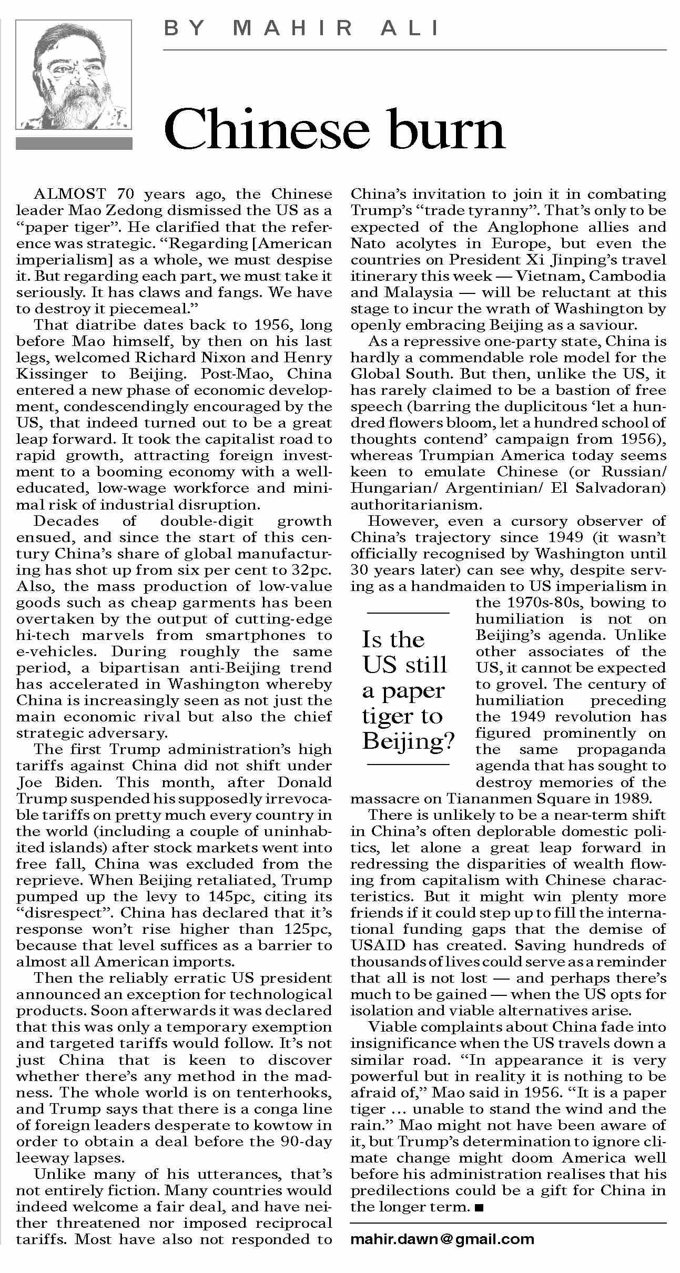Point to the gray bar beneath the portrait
tap(74, 144)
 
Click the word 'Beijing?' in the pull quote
tap(408, 741)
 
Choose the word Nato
tap(368, 243)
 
